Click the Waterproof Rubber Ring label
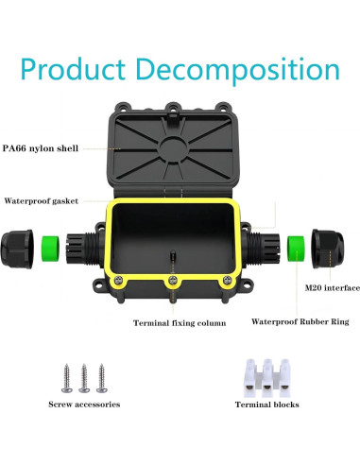[300, 321]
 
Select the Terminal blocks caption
[267, 404]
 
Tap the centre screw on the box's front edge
[173, 282]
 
